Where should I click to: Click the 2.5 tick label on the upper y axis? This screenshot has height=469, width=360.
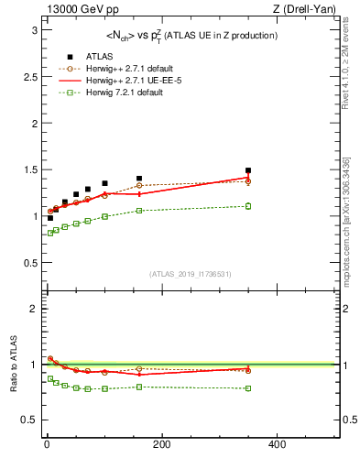29,77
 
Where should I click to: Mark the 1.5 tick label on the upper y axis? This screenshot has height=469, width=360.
29,169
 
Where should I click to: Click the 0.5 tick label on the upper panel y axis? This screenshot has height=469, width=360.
29,263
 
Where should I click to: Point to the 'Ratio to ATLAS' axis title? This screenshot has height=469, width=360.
13,365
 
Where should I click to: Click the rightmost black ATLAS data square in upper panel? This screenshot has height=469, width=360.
248,170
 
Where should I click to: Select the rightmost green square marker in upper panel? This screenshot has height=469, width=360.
248,206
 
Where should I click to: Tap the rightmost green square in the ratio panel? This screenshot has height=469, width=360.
248,388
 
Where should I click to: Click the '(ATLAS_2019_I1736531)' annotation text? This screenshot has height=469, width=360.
191,275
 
